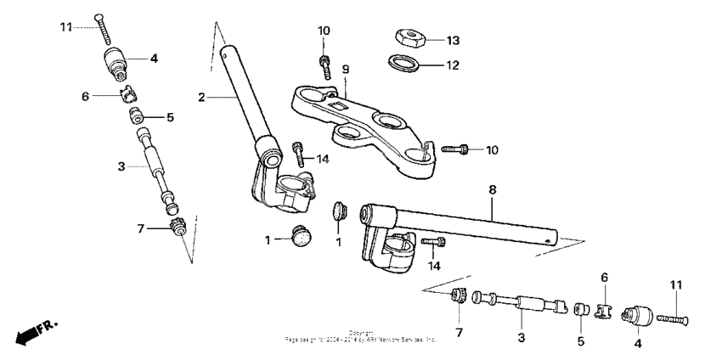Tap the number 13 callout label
(453, 41)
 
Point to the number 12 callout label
(453, 65)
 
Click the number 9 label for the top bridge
(346, 69)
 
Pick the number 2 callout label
(201, 98)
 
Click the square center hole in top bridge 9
(339, 105)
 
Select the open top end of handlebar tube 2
(226, 52)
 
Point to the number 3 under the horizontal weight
(521, 338)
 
